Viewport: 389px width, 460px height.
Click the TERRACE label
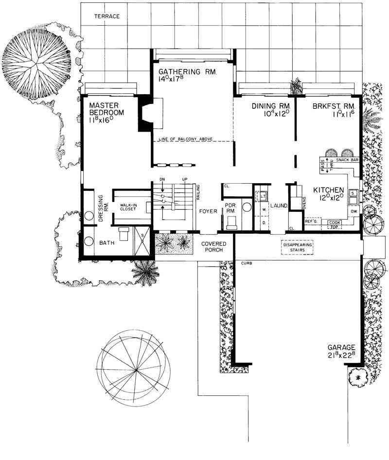(x=106, y=16)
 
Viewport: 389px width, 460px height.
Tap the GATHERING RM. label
(x=189, y=72)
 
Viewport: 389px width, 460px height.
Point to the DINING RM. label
(x=271, y=106)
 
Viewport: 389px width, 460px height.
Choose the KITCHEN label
(x=329, y=190)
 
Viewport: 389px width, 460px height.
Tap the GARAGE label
(x=344, y=347)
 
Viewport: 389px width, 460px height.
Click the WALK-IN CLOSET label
(x=129, y=208)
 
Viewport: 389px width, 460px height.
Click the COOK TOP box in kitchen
(x=335, y=224)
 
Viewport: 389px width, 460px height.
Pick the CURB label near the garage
(x=247, y=263)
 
